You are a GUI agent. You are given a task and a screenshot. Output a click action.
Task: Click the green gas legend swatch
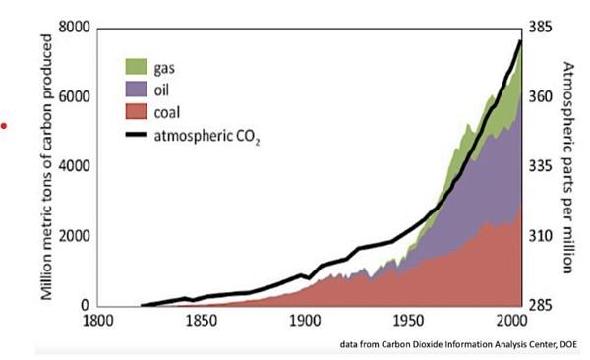[x=136, y=67]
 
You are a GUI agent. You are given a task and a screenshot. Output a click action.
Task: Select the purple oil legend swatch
[x=136, y=89]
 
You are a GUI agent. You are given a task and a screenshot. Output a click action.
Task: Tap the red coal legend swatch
[x=136, y=110]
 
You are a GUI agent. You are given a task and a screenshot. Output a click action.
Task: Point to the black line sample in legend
[x=136, y=134]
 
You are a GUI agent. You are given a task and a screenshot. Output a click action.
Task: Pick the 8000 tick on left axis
[x=72, y=28]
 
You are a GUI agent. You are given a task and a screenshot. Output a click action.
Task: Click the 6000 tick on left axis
[x=72, y=97]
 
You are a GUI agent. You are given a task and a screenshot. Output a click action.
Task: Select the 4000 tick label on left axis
[x=72, y=166]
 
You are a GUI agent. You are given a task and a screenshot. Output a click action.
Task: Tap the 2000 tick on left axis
[x=72, y=236]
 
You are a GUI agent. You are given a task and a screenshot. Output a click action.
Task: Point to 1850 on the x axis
[x=201, y=322]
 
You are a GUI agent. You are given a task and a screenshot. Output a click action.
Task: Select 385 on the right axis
[x=543, y=28]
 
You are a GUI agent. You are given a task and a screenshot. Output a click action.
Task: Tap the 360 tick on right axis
[x=543, y=97]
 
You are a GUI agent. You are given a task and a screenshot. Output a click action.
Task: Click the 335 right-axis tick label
[x=543, y=166]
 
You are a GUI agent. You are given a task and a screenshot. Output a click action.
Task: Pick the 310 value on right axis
[x=543, y=236]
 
